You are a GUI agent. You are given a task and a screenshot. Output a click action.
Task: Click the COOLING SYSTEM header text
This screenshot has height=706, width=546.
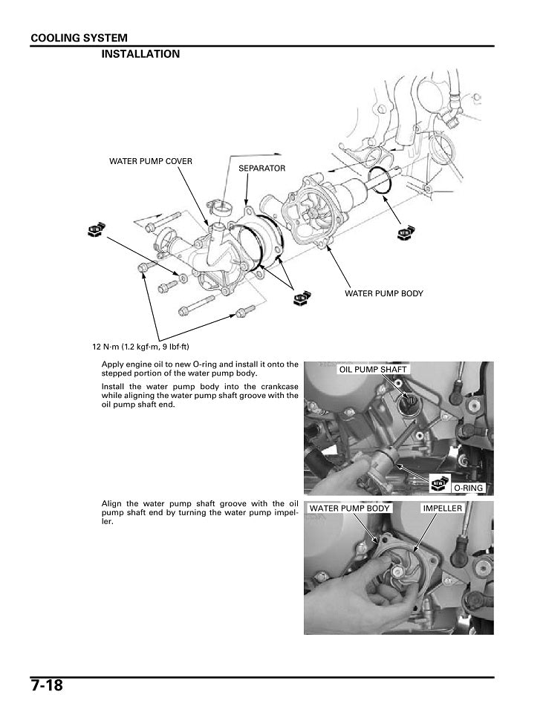(x=79, y=38)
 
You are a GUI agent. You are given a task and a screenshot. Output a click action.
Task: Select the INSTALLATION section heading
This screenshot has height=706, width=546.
(x=140, y=54)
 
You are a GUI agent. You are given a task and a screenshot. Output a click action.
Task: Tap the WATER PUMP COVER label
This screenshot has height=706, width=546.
(x=151, y=161)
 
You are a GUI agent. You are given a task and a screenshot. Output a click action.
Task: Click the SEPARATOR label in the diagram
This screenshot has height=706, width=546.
(x=261, y=169)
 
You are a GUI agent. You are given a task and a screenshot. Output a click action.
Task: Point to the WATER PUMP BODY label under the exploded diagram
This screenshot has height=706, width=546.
(x=383, y=293)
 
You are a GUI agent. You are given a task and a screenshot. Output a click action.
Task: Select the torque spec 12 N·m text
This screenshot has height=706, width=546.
(x=140, y=347)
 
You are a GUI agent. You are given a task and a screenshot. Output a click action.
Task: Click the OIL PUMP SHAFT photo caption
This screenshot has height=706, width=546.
(x=374, y=369)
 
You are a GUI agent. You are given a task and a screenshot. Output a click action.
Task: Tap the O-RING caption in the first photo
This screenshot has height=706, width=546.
(x=468, y=488)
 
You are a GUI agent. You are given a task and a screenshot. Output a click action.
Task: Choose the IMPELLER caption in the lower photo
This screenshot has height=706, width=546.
(x=442, y=509)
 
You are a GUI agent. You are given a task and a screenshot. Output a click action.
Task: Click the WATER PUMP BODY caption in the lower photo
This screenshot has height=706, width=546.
(x=349, y=509)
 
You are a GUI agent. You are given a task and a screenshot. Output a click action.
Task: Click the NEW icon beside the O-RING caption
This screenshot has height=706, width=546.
(x=439, y=484)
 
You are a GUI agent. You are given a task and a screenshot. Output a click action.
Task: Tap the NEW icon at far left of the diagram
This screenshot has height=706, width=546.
(x=94, y=229)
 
